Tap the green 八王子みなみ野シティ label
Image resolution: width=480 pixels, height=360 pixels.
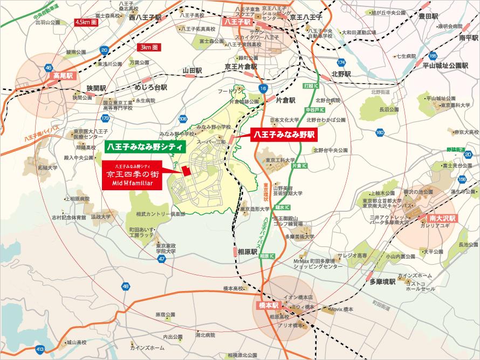point(145,146)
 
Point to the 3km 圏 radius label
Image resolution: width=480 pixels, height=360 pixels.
point(150,47)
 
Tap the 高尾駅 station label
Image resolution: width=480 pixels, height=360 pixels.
point(59,77)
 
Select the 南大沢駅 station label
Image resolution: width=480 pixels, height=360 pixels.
point(443,218)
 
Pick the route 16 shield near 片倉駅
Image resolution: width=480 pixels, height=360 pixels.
point(263,87)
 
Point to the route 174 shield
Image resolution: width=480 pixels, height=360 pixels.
point(340,63)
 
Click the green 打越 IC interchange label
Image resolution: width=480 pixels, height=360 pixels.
point(312,86)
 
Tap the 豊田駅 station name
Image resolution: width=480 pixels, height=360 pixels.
point(430,17)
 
